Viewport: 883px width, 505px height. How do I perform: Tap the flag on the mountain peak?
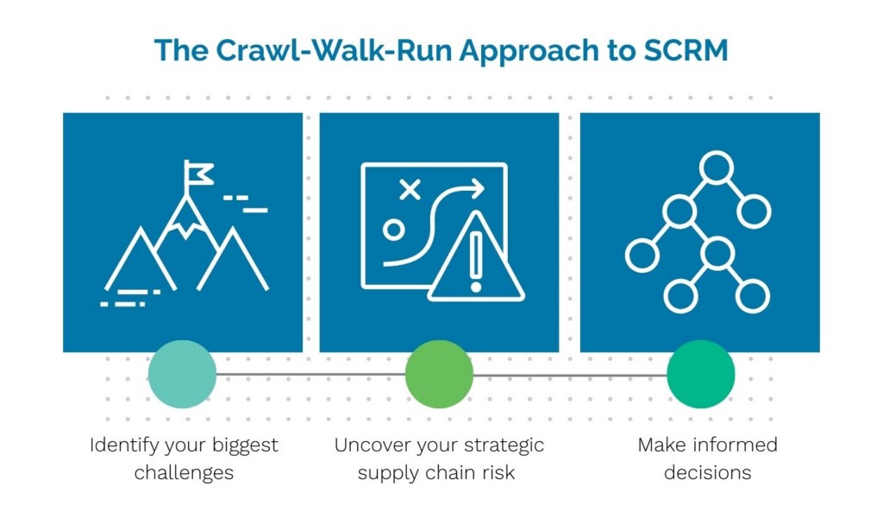pyautogui.click(x=199, y=173)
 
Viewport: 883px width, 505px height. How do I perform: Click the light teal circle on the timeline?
pyautogui.click(x=182, y=375)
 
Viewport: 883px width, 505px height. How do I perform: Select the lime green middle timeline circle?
pyautogui.click(x=439, y=375)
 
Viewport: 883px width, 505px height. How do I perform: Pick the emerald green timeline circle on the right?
pyautogui.click(x=700, y=375)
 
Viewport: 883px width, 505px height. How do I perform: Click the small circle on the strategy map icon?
pyautogui.click(x=394, y=230)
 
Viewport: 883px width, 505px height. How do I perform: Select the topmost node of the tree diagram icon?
pyautogui.click(x=716, y=167)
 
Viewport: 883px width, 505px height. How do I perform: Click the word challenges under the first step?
pyautogui.click(x=184, y=472)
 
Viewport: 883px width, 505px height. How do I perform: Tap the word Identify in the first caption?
pyautogui.click(x=122, y=445)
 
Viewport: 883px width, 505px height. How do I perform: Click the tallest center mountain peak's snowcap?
pyautogui.click(x=185, y=220)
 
